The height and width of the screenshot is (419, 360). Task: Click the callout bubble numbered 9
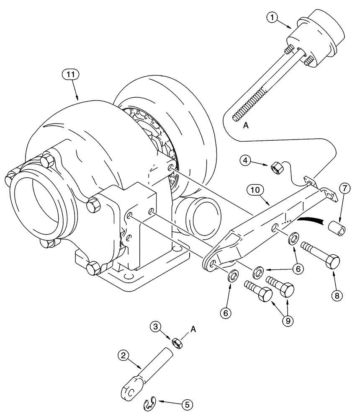287,321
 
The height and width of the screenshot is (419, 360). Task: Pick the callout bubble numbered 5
187,405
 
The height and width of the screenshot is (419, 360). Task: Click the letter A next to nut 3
193,330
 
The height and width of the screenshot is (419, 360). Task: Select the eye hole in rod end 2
130,391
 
